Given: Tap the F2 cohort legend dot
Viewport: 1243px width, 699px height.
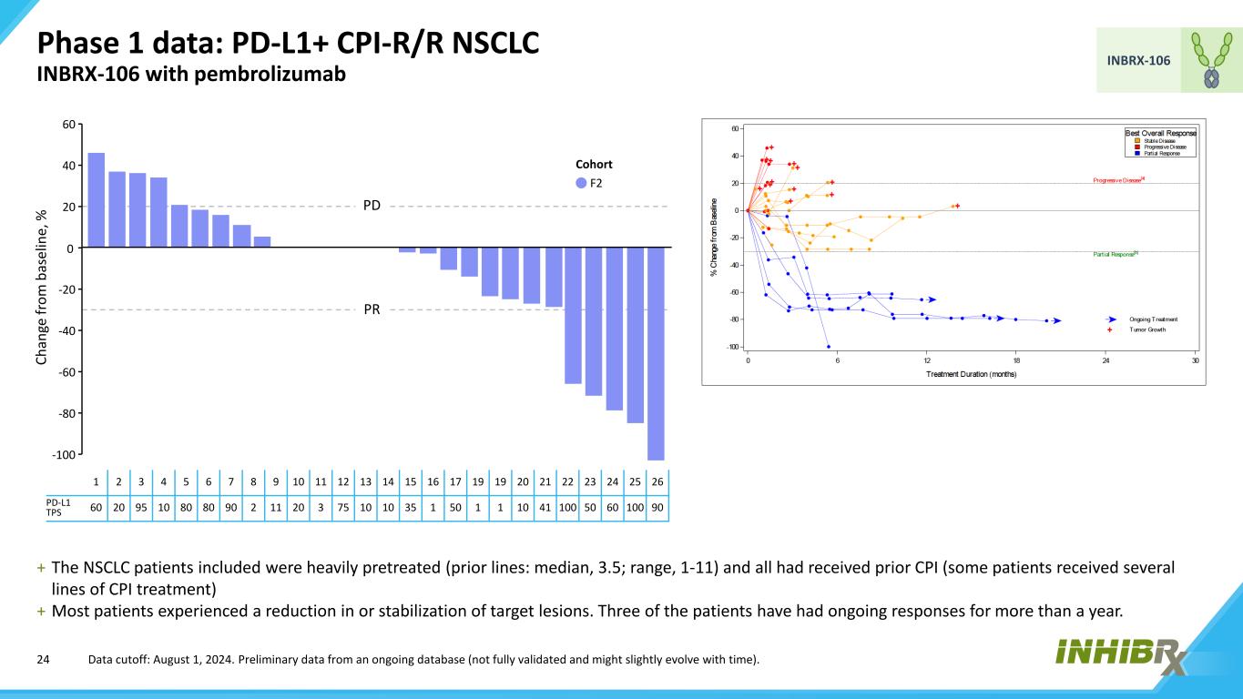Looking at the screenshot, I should click(x=581, y=183).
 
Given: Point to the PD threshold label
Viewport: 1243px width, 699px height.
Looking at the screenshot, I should click(x=372, y=206).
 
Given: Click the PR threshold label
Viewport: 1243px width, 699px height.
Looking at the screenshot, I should click(x=372, y=309).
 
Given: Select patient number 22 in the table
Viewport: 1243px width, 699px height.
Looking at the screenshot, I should click(x=566, y=481).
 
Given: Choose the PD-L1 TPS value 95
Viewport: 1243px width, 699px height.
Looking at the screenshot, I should click(x=140, y=507).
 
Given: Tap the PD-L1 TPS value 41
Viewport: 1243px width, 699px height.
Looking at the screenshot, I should click(x=545, y=507).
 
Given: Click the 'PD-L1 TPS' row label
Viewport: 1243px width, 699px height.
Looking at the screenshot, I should click(x=58, y=507).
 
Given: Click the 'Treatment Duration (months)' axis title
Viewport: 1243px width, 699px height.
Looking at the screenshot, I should click(x=972, y=374).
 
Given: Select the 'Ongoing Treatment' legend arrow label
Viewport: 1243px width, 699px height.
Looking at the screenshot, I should click(x=1153, y=319).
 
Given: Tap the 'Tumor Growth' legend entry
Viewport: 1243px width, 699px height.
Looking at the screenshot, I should click(x=1147, y=329).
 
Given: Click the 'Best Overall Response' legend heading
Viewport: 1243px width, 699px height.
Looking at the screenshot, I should click(x=1160, y=133).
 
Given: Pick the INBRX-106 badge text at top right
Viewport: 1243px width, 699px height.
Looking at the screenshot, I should click(x=1138, y=60).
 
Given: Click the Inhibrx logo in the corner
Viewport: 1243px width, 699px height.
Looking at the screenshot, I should click(x=1121, y=655).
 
